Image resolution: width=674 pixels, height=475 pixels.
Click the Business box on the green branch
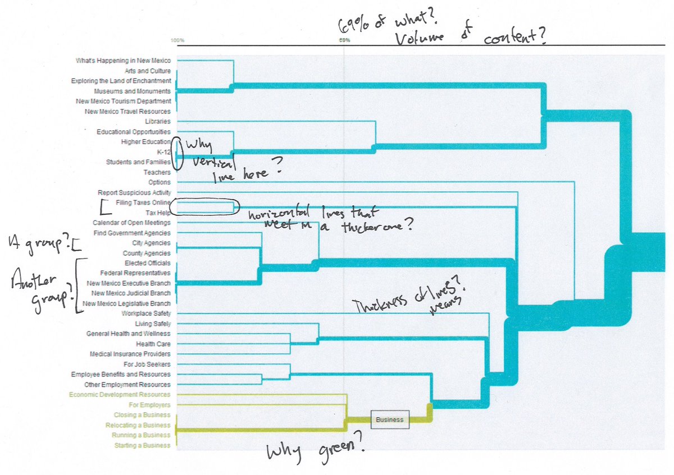(x=390, y=419)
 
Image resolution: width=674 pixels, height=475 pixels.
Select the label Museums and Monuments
(x=132, y=91)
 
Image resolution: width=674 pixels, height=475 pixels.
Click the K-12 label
(x=163, y=152)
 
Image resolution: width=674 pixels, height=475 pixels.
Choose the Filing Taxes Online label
(x=143, y=202)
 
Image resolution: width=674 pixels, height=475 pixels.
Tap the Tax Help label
(x=158, y=213)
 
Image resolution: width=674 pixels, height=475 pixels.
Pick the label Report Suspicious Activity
(x=134, y=192)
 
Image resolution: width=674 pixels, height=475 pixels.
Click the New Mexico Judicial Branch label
(x=130, y=293)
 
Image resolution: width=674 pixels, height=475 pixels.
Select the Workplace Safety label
(x=146, y=313)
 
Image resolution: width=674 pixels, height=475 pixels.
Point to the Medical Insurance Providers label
(x=130, y=354)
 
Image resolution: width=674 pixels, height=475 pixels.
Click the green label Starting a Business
(x=142, y=445)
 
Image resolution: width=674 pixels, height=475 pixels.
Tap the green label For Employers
(x=149, y=405)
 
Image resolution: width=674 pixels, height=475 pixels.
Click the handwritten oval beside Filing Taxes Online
(x=205, y=207)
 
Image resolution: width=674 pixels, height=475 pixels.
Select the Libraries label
(x=157, y=122)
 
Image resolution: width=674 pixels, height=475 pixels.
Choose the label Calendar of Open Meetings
(x=131, y=223)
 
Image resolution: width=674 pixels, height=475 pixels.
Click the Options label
(x=160, y=182)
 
